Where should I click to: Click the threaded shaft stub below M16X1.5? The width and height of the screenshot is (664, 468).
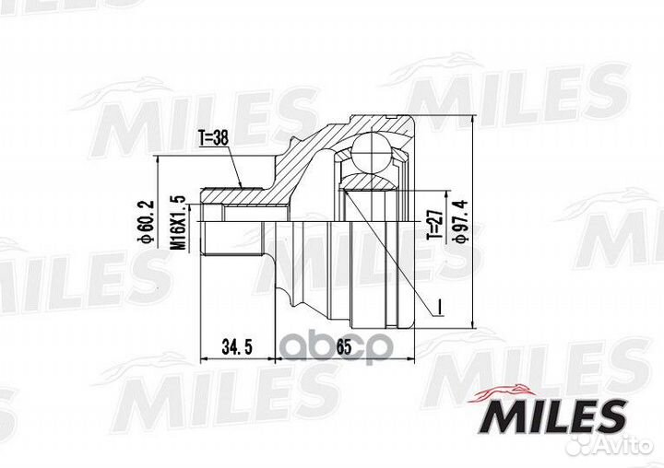pos(214,231)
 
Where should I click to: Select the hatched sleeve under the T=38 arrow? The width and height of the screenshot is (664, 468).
pos(235,194)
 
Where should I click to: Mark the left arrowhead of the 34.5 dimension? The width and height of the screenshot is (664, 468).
pos(206,356)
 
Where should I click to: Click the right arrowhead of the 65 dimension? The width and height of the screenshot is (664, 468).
pos(410,356)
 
